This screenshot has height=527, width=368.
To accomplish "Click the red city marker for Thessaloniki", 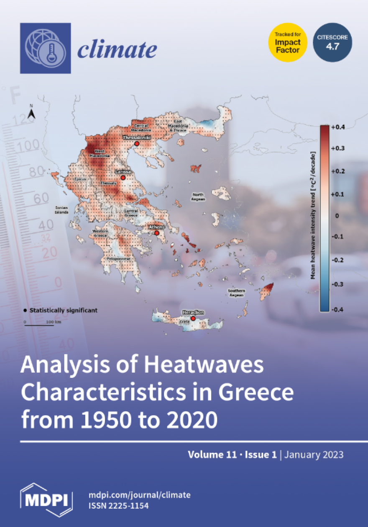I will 137,144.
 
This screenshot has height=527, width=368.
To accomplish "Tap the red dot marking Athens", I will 156,233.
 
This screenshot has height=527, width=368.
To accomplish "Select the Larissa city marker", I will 123,178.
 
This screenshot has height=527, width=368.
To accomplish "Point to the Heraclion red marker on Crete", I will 193,319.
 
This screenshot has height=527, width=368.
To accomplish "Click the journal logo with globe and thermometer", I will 46,48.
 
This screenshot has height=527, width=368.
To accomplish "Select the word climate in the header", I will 117,50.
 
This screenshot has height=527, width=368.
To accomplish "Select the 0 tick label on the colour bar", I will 337,216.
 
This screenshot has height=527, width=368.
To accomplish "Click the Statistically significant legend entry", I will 61,310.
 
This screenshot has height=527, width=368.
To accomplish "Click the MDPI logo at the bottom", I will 46,500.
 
